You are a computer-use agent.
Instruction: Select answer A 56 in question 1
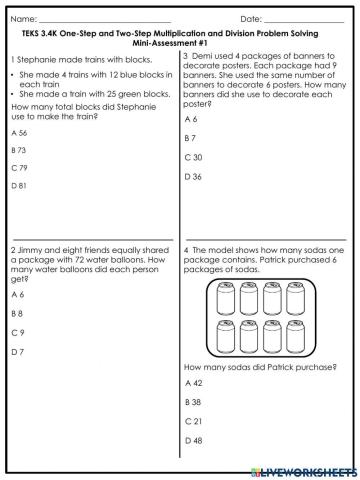(x=19, y=132)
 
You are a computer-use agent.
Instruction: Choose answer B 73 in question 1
(x=19, y=149)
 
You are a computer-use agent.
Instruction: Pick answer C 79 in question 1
(x=19, y=167)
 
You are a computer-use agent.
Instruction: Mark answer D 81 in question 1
(x=19, y=185)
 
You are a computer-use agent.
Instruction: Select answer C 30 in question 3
(x=194, y=157)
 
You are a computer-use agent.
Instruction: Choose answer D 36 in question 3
(x=194, y=176)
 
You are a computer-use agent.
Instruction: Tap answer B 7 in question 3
(x=191, y=138)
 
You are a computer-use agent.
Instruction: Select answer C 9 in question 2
(x=17, y=332)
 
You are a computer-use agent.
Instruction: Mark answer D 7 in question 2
(x=17, y=352)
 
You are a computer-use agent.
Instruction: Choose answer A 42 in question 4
(x=194, y=383)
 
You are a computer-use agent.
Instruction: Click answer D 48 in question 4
(x=194, y=441)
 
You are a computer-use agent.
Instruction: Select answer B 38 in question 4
(x=194, y=402)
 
